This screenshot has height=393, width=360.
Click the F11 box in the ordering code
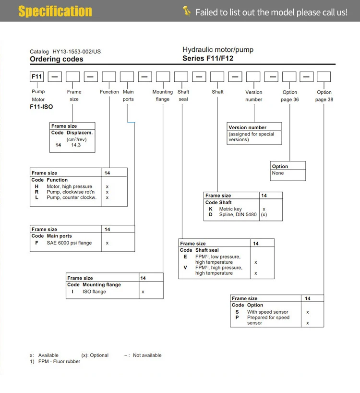click(37, 76)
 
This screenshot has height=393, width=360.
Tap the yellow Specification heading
click(55, 11)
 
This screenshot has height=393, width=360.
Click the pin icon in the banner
click(187, 11)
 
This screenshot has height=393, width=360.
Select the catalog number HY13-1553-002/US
click(65, 51)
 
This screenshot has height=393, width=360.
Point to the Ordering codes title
click(56, 59)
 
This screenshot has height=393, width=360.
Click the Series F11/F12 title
click(208, 59)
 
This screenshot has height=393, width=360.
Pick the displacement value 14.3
click(76, 145)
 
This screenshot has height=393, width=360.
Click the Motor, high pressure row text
click(69, 186)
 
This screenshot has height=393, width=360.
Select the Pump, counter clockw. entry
click(72, 197)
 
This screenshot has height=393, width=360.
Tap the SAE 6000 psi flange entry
click(69, 243)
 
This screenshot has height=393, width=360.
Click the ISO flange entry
click(94, 292)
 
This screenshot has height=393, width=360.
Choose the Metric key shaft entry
click(230, 209)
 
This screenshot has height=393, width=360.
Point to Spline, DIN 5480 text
click(238, 215)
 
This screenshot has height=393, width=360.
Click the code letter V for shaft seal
click(185, 268)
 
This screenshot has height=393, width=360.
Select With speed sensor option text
click(267, 312)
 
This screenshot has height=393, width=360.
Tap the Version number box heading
click(248, 128)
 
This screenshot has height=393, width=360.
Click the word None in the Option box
click(277, 173)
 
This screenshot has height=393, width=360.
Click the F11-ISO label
click(41, 107)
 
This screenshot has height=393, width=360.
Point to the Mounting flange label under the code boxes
click(162, 96)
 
